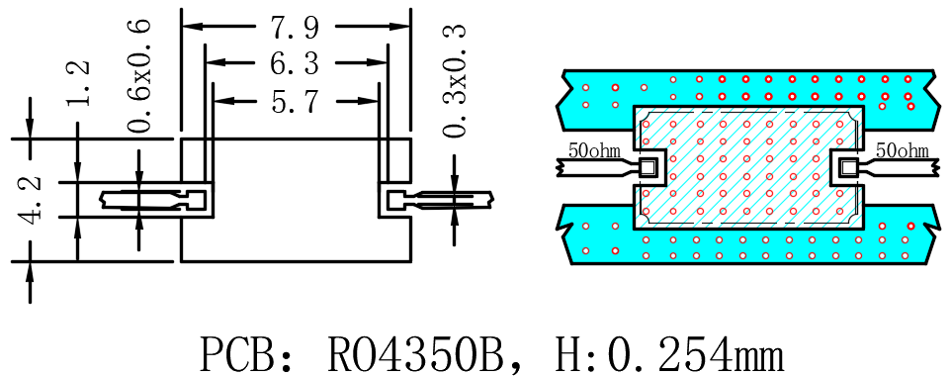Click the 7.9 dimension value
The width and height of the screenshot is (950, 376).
[x=295, y=28]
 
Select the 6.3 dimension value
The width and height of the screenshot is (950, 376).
[x=295, y=62]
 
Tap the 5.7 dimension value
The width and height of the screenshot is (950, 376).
[x=295, y=101]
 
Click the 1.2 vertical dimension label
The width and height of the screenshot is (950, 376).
[x=78, y=83]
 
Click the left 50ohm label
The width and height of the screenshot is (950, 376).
[x=594, y=149]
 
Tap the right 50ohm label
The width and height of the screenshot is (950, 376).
[x=903, y=149]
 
